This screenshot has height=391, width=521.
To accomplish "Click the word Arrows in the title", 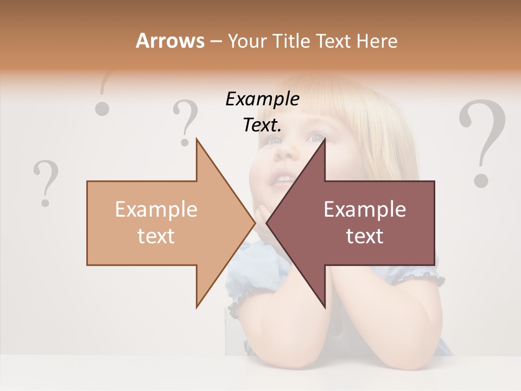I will tap(170, 41).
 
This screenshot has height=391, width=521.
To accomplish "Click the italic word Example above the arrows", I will tap(262, 99).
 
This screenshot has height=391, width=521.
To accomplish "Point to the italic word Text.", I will tap(262, 125).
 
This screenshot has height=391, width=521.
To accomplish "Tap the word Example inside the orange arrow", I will tap(156, 210).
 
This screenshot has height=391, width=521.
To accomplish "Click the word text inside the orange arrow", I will tap(156, 236).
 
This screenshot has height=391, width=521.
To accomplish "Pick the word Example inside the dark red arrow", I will tap(365, 210).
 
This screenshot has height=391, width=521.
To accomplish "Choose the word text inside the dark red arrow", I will tap(365, 236).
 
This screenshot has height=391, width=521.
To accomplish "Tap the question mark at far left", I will tap(46, 182).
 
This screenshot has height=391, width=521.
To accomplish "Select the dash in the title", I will tap(216, 41).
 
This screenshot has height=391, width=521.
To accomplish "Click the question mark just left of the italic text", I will tap(186, 123).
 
